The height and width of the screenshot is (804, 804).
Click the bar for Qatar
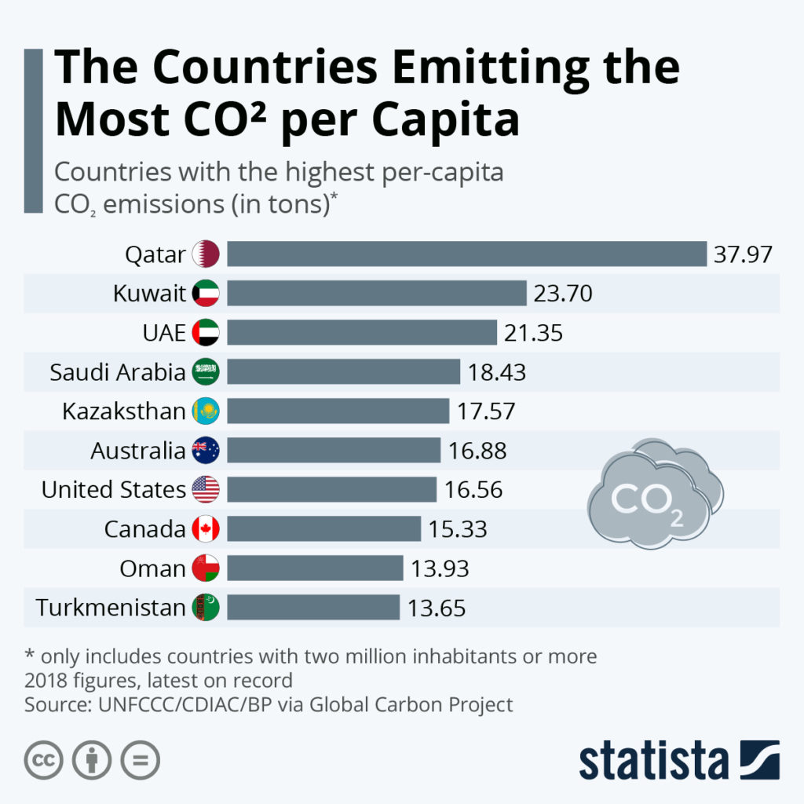pyautogui.click(x=467, y=254)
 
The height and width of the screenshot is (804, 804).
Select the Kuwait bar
pyautogui.click(x=377, y=294)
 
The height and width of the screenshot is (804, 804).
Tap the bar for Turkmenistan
pyautogui.click(x=313, y=607)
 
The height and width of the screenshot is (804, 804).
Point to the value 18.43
pyautogui.click(x=497, y=372)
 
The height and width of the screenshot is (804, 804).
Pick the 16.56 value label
pyautogui.click(x=473, y=490)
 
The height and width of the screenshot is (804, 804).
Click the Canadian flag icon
pyautogui.click(x=206, y=529)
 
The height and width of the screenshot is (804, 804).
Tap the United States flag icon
pyautogui.click(x=206, y=490)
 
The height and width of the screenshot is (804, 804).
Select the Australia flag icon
pyautogui.click(x=206, y=451)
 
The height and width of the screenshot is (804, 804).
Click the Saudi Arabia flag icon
pyautogui.click(x=206, y=372)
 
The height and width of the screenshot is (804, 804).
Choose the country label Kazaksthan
pyautogui.click(x=124, y=411)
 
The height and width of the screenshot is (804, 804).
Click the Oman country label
pyautogui.click(x=152, y=568)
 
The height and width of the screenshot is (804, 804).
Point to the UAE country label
pyautogui.click(x=163, y=333)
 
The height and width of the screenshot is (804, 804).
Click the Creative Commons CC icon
pyautogui.click(x=44, y=760)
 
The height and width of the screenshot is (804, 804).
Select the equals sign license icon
pyautogui.click(x=140, y=760)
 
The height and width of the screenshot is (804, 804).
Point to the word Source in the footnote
pyautogui.click(x=56, y=704)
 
